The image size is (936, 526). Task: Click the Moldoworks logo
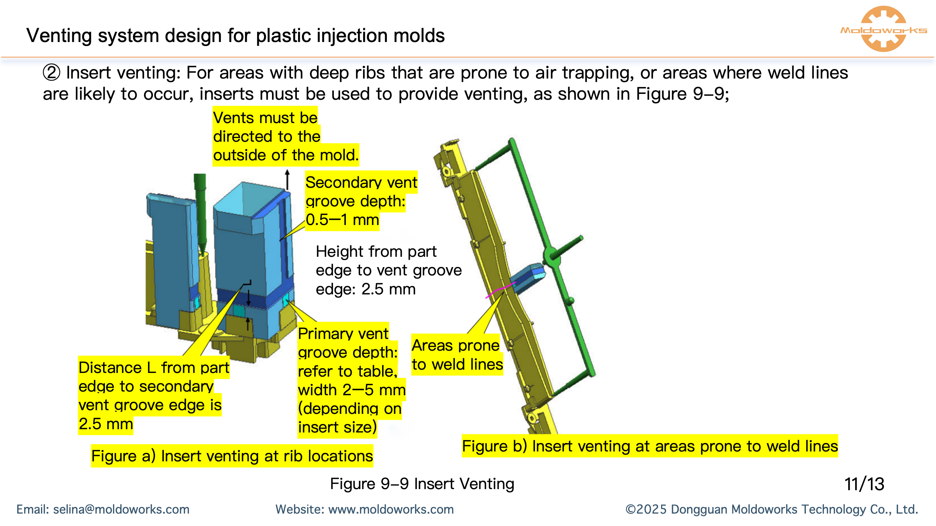883,29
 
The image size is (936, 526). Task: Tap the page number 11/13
864,484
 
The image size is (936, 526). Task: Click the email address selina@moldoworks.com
121,510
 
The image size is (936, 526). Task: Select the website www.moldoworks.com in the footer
390,510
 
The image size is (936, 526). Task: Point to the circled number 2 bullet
51,73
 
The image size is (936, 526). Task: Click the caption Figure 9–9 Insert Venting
422,484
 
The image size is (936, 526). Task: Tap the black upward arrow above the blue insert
287,179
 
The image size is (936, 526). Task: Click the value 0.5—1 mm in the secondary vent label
342,220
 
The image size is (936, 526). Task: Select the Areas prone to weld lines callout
457,355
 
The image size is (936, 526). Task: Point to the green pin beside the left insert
200,212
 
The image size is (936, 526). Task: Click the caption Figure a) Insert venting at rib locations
232,456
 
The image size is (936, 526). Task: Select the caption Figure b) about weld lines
649,446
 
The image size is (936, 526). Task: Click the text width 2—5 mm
351,390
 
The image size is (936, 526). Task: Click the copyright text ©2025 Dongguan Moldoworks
771,510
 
